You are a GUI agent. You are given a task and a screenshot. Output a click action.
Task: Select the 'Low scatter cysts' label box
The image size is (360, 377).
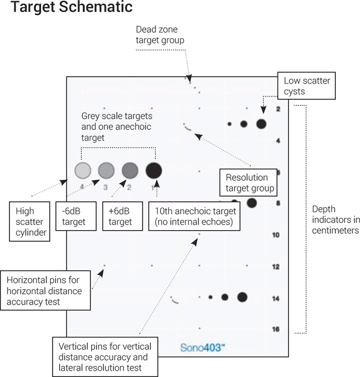(x=307, y=86)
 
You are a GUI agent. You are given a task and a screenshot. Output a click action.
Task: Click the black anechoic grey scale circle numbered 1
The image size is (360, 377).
(x=154, y=170)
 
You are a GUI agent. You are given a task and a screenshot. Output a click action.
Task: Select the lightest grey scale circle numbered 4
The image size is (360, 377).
(x=83, y=170)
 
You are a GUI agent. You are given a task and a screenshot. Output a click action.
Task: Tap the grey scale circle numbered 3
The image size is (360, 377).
(x=106, y=170)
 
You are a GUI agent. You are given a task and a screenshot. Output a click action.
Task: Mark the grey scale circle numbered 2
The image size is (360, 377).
(x=130, y=170)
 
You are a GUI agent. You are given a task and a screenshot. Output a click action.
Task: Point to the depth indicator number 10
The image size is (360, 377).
(x=276, y=235)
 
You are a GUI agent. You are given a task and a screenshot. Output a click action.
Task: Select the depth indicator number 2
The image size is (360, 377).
(x=278, y=109)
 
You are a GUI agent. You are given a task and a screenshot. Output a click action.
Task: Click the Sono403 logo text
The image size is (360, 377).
(x=203, y=348)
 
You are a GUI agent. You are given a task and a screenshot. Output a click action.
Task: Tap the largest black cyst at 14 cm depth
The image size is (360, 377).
(x=242, y=296)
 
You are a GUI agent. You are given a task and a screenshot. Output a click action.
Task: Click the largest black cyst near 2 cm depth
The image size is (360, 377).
(x=261, y=123)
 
